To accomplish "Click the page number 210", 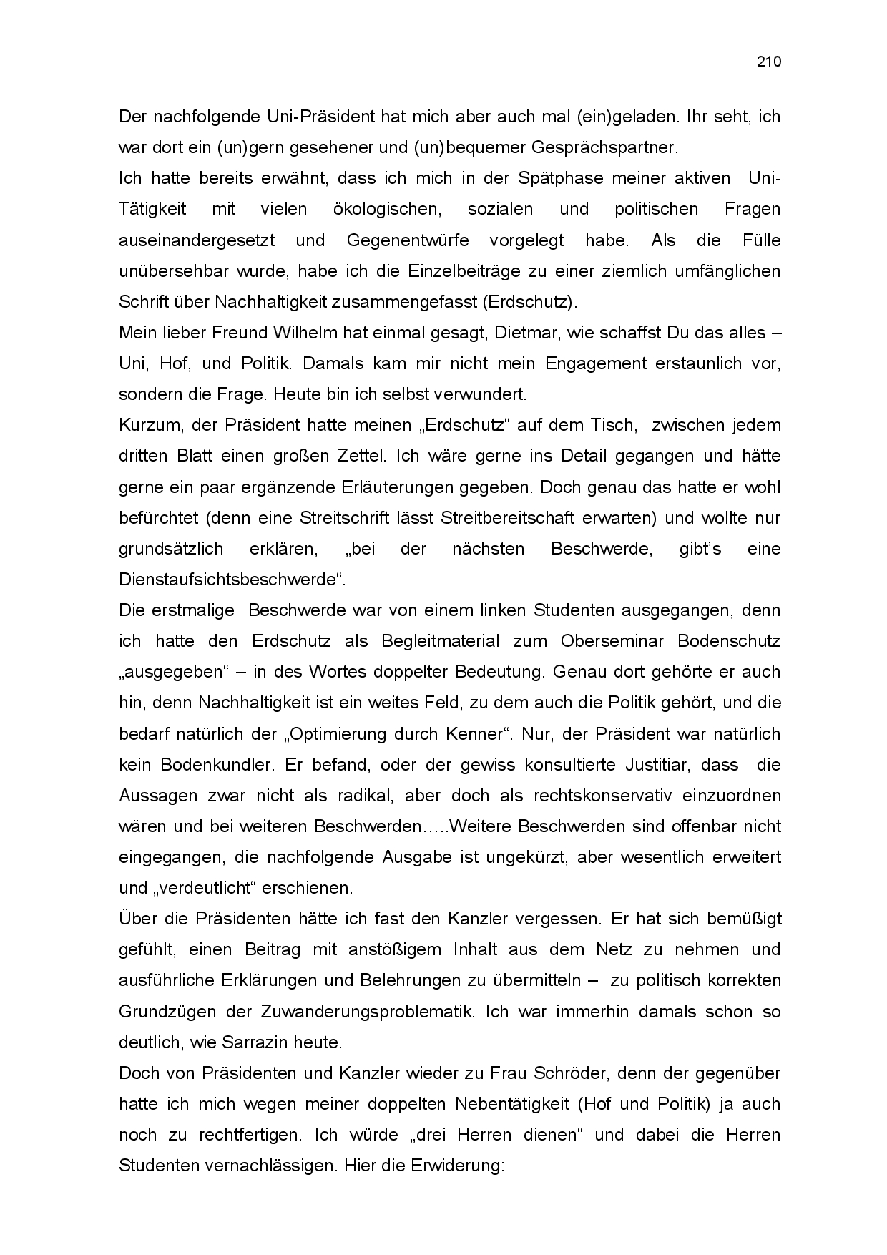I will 769,62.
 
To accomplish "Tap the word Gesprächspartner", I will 604,147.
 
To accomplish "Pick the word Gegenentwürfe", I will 408,240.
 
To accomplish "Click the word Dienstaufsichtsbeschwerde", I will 228,579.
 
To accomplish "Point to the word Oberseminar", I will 613,640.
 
